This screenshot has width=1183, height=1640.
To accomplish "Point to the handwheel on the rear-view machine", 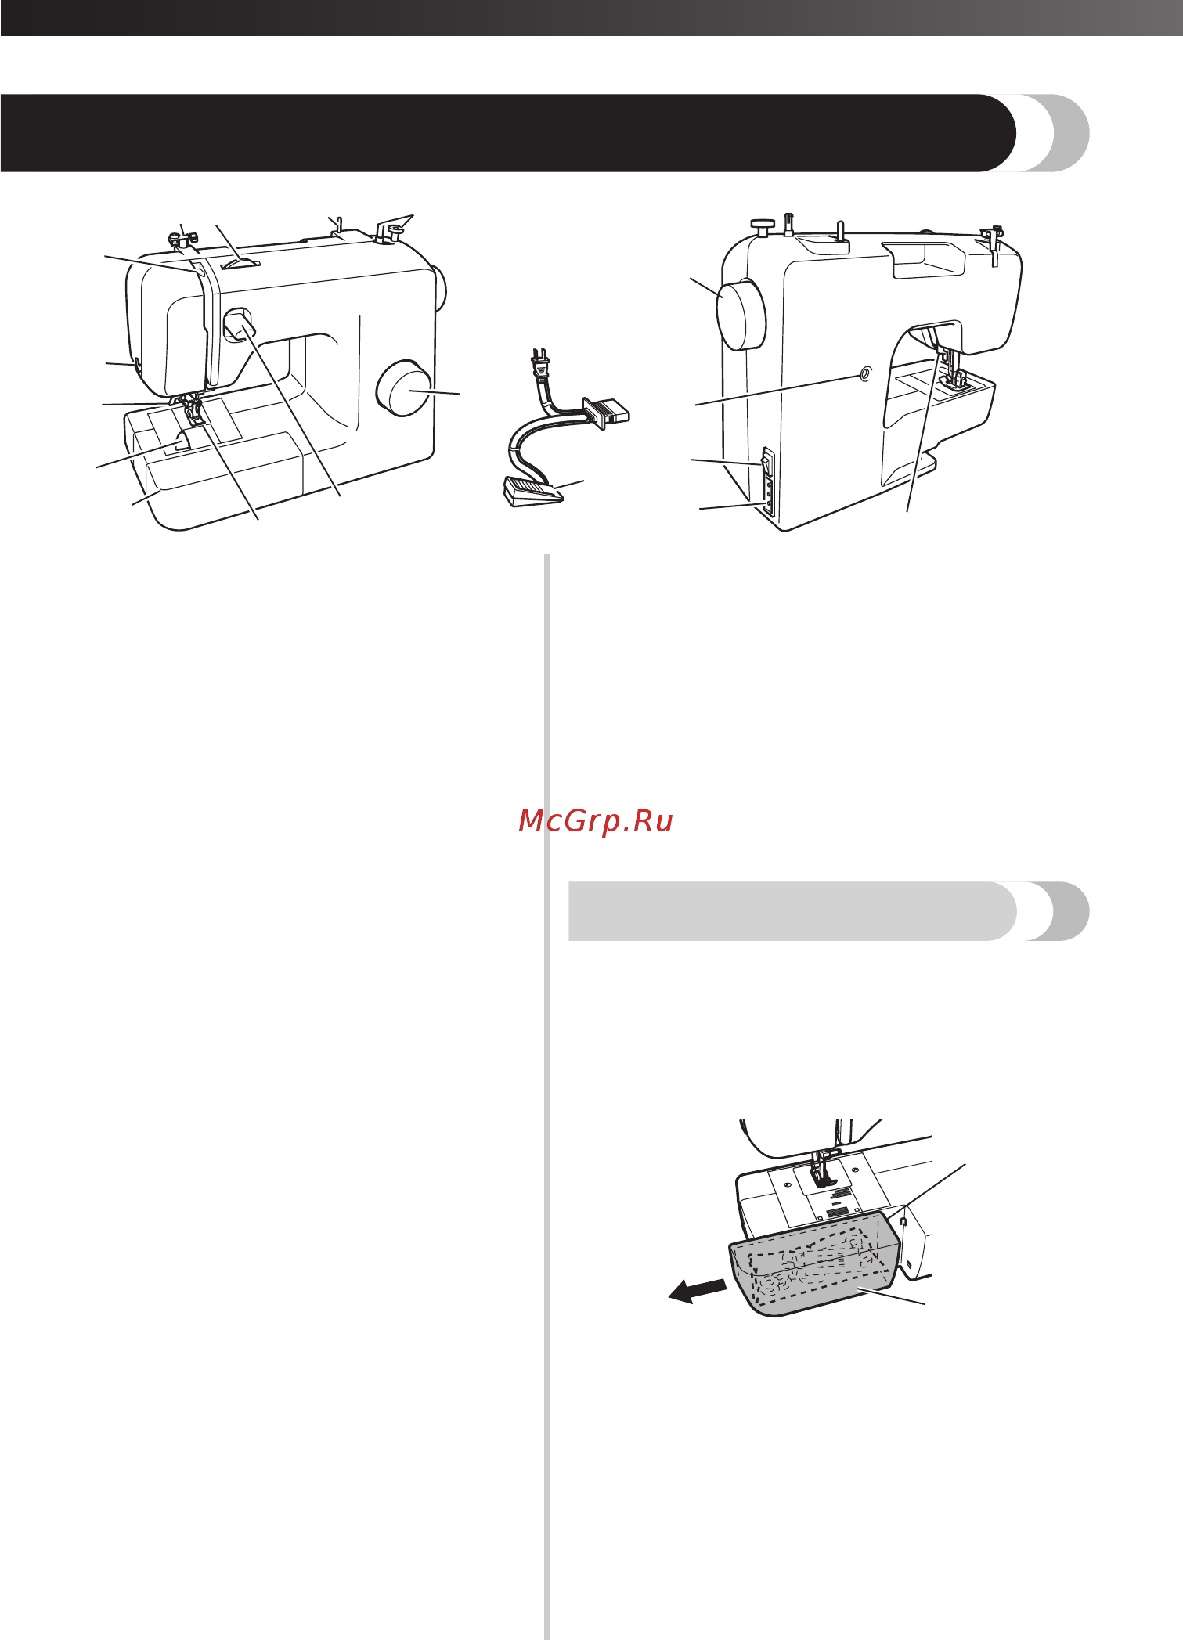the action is (x=740, y=314).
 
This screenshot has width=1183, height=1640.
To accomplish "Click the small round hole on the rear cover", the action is (x=864, y=375).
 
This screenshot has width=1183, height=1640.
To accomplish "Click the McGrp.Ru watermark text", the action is (x=596, y=821).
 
